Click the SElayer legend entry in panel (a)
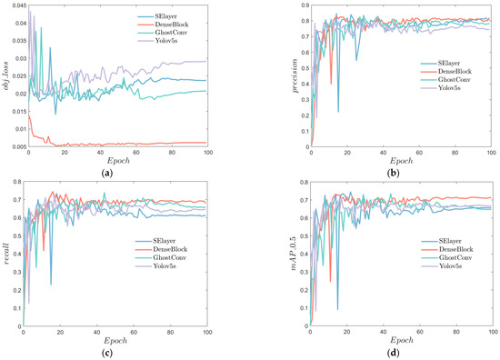195,16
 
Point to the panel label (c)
121,354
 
